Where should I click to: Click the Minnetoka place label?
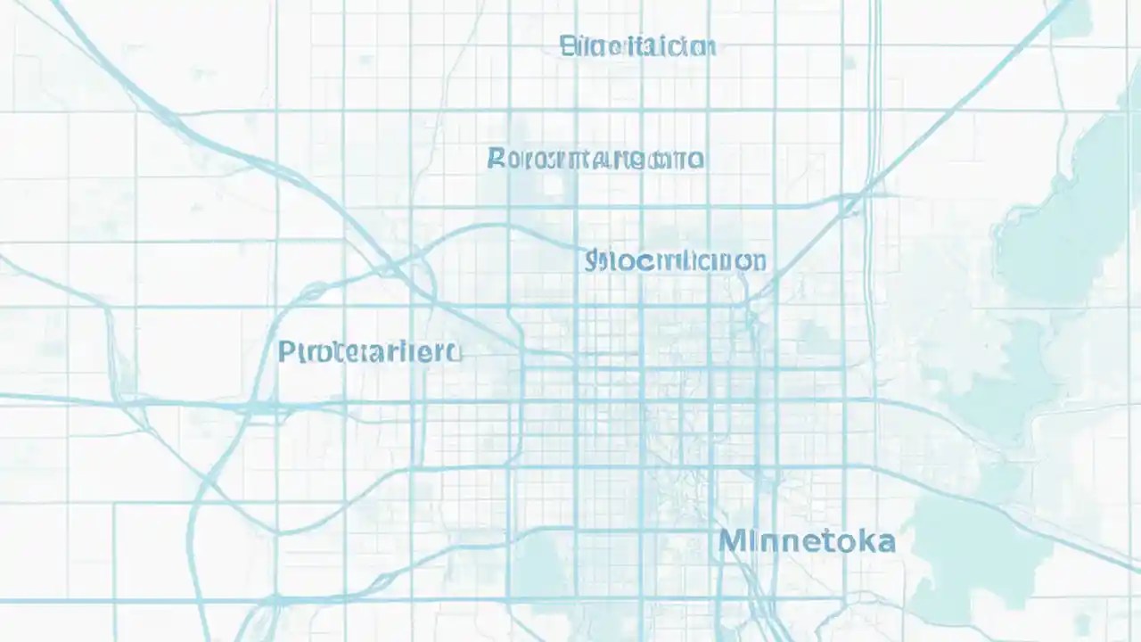pyautogui.click(x=807, y=541)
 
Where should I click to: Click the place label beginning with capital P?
pyautogui.click(x=369, y=352)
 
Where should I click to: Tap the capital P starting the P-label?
pyautogui.click(x=286, y=351)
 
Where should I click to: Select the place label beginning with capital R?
pyautogui.click(x=595, y=160)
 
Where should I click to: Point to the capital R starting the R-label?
pyautogui.click(x=497, y=159)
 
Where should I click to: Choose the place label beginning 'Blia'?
pyautogui.click(x=637, y=46)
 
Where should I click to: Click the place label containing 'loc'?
pyautogui.click(x=675, y=261)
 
